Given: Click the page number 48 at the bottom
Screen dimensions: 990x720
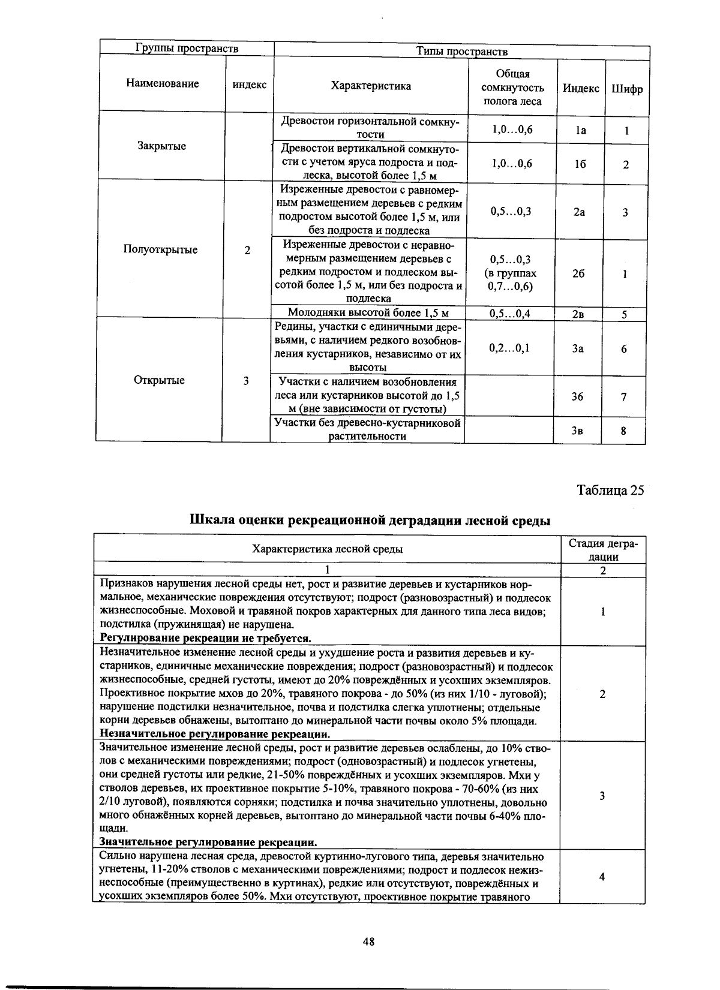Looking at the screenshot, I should [x=368, y=942].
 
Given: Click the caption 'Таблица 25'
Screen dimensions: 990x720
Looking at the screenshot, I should [x=610, y=490].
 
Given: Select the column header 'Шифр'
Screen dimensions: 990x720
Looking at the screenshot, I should [x=626, y=89].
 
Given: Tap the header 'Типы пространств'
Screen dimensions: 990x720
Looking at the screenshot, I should [x=462, y=52].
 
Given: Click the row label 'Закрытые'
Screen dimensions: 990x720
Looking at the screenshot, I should [x=161, y=146].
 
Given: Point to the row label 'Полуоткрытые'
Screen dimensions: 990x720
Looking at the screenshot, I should [x=160, y=249].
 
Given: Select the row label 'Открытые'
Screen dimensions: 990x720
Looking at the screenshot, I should [x=160, y=380].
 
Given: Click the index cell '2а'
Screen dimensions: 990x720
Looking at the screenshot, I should [x=579, y=212].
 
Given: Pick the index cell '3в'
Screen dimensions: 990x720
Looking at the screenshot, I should [x=577, y=430].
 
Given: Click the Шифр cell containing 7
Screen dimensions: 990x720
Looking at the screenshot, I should [x=624, y=396].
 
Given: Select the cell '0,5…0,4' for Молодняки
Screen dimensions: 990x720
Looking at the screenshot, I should [x=510, y=313].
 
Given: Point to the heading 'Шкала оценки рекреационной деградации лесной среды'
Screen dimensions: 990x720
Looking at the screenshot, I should [x=370, y=520].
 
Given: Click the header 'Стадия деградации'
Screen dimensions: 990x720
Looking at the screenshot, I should [x=602, y=549].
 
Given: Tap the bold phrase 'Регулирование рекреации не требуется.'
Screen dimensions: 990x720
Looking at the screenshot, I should [x=205, y=637].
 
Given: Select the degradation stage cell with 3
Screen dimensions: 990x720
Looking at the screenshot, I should [x=602, y=796].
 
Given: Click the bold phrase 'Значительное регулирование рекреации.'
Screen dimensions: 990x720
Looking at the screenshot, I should [x=208, y=841].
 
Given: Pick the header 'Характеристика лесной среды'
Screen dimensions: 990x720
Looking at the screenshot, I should [x=327, y=549].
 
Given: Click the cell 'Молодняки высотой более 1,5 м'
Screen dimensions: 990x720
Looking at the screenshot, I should [x=368, y=312].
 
